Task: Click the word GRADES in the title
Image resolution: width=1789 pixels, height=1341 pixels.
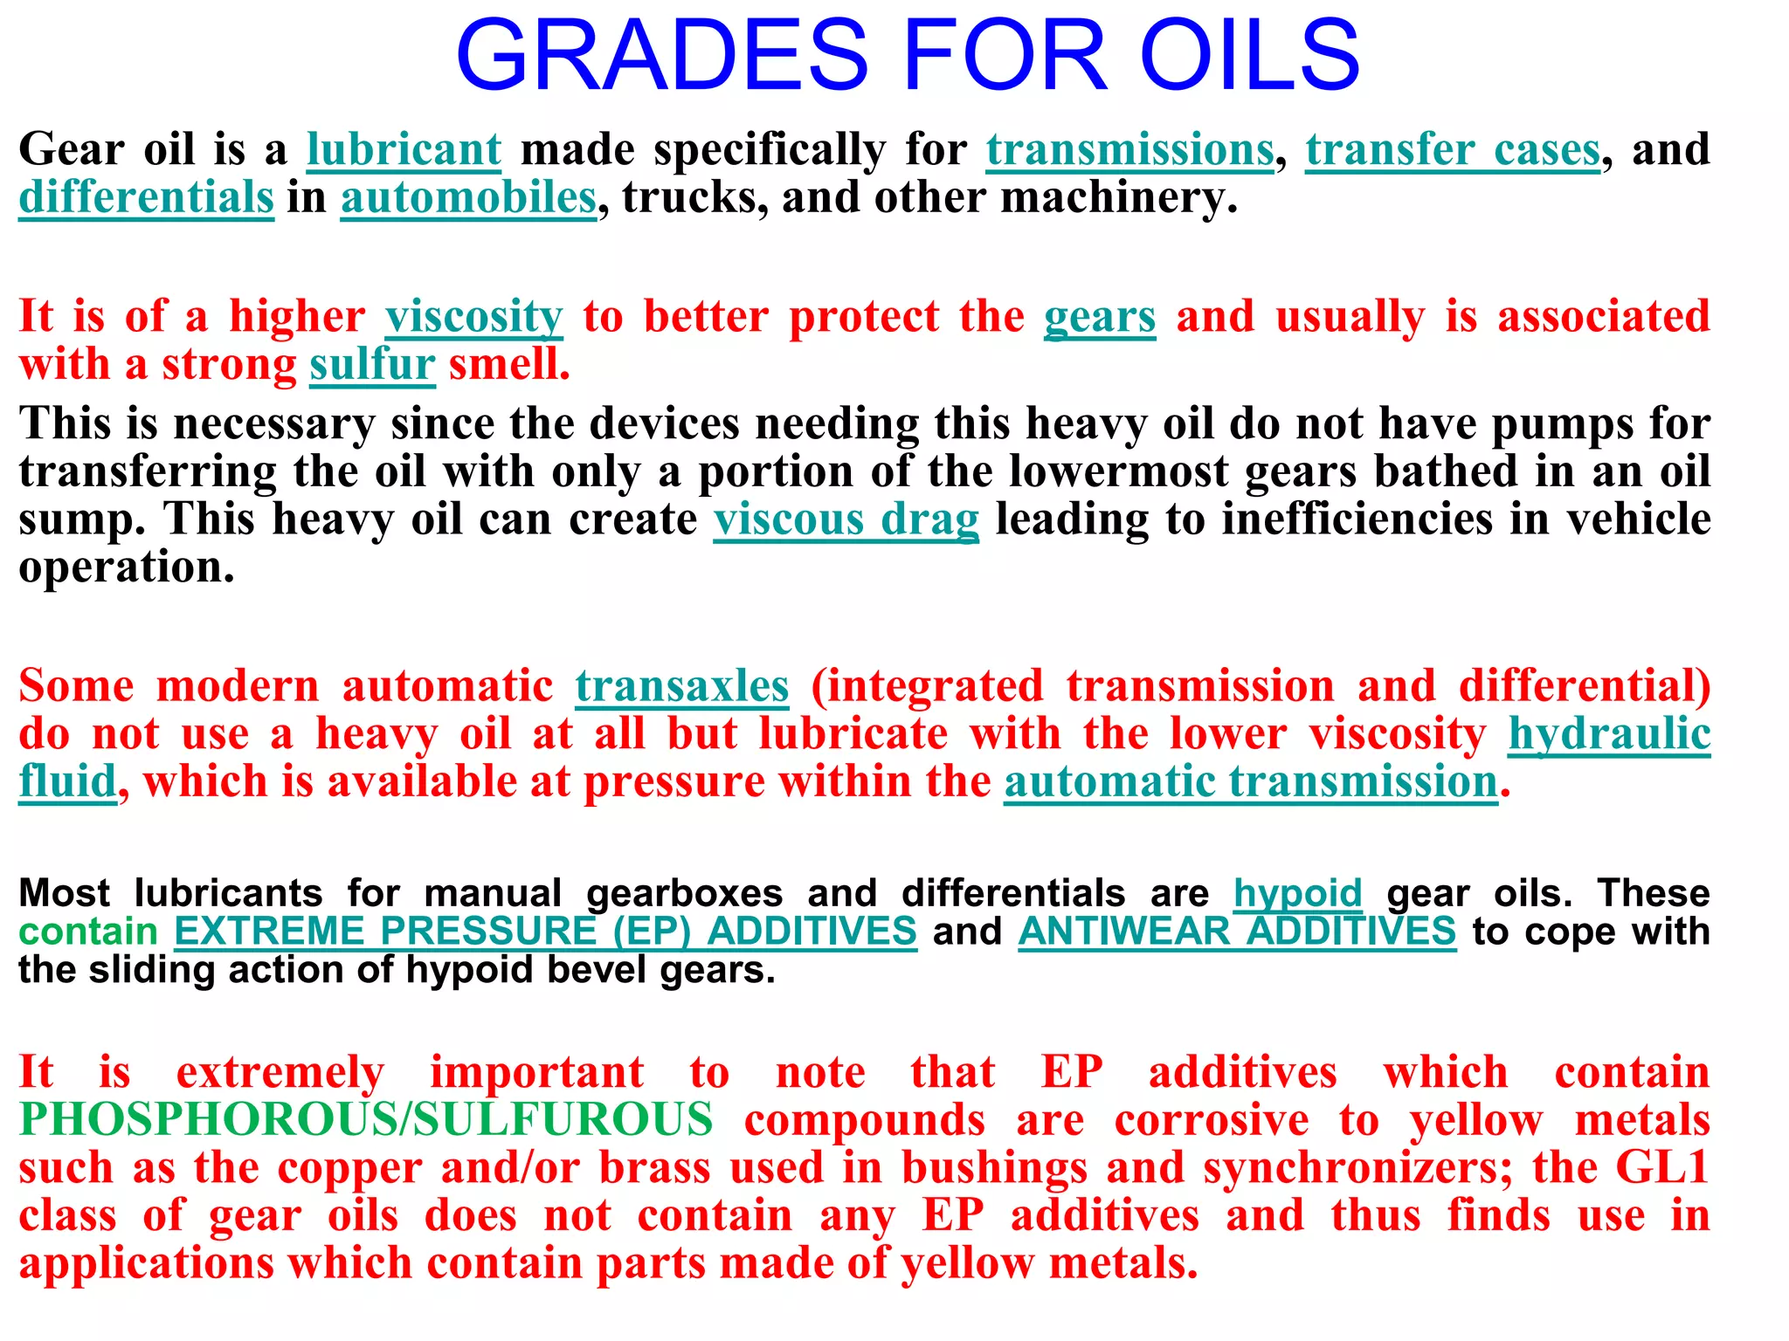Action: point(661,56)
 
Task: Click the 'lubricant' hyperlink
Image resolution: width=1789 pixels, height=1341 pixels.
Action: point(404,149)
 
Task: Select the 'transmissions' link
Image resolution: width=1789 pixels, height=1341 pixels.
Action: point(1129,149)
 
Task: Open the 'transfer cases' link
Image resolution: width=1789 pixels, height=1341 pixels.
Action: point(1453,149)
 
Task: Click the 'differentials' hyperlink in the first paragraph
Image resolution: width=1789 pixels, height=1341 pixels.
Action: point(146,197)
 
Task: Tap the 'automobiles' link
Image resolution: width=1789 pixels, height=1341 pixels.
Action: point(468,197)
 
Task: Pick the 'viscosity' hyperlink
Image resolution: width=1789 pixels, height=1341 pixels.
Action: point(474,316)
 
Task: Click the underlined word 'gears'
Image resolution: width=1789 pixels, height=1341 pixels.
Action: point(1099,316)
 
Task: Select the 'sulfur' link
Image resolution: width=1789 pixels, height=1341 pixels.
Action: point(372,364)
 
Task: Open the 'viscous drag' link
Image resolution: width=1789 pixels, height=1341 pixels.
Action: point(846,519)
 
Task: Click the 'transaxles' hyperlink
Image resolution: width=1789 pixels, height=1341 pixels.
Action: point(681,686)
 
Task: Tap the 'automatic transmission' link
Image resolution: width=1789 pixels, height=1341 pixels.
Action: point(1251,781)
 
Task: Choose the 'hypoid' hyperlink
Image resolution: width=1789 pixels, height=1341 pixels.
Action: point(1297,893)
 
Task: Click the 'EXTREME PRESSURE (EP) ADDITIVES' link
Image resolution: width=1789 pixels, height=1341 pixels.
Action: point(545,932)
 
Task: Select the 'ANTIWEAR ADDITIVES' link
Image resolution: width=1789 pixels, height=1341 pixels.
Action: point(1237,932)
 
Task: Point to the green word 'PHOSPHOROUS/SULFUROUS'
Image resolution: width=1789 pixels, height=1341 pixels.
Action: point(366,1120)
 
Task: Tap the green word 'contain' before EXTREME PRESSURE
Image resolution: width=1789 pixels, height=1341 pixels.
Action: point(87,932)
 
